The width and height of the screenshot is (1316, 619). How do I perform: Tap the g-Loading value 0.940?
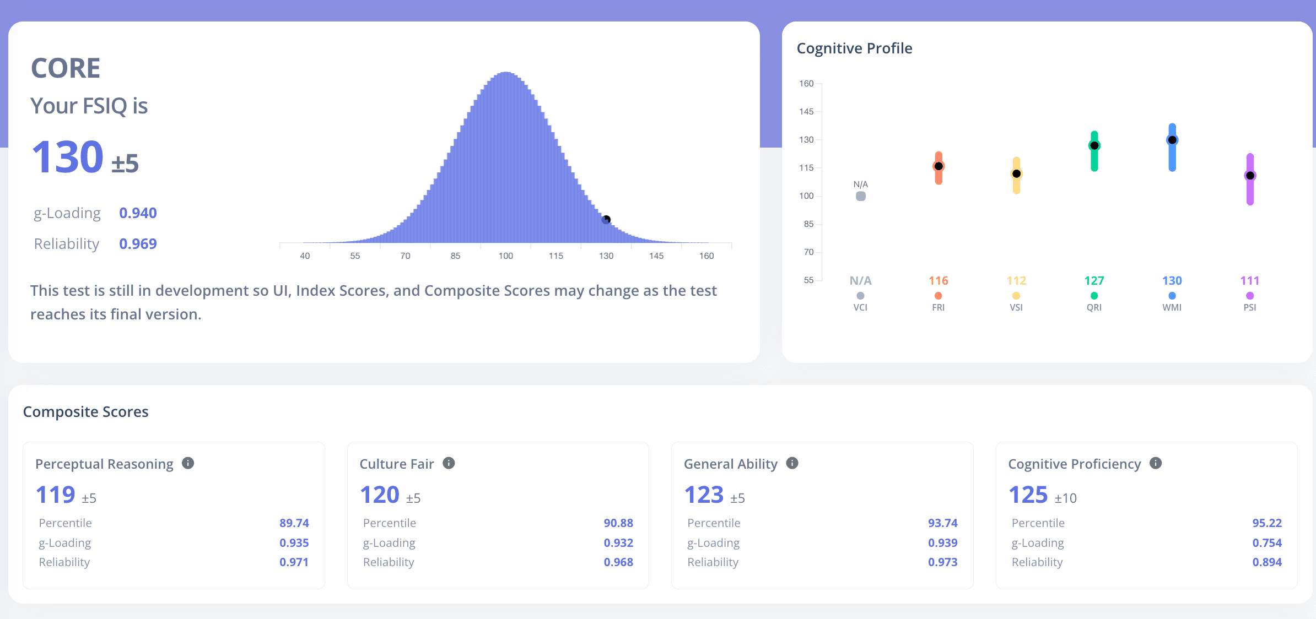pos(138,213)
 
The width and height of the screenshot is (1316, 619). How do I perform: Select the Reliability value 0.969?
pos(138,244)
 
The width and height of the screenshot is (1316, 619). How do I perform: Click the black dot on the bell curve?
pos(606,219)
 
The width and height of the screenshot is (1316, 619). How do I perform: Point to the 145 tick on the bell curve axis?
pos(656,256)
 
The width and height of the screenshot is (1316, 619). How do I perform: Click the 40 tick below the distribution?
pos(305,256)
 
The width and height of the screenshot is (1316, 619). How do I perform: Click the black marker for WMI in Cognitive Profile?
pos(1172,140)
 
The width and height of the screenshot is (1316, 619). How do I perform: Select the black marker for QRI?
pos(1094,145)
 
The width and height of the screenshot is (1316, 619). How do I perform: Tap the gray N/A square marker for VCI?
pos(860,196)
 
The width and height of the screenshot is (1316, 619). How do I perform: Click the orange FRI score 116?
pos(939,281)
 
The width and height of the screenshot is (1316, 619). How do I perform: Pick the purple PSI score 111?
pos(1250,281)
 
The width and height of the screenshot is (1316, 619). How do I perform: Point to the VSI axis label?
pos(1016,307)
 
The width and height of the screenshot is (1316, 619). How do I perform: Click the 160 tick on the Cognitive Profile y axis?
pos(806,84)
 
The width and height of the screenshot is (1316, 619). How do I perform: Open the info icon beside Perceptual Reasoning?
pos(188,463)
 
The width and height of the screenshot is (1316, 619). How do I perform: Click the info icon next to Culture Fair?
pos(449,463)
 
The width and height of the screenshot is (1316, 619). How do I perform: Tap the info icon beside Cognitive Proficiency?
pos(1156,463)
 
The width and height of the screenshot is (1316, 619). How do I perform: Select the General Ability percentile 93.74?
pos(942,523)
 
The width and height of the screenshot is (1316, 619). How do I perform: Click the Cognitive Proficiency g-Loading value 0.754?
pos(1267,543)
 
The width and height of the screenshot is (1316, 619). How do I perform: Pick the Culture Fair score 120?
pos(380,495)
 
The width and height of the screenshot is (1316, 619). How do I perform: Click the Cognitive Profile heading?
pos(854,48)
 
